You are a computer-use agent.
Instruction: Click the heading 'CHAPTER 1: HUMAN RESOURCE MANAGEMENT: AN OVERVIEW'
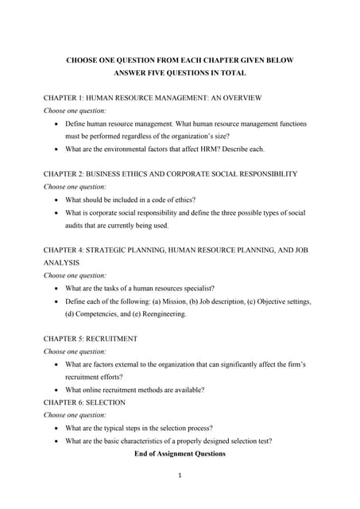click(x=153, y=98)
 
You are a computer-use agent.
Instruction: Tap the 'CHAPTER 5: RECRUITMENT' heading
click(x=90, y=338)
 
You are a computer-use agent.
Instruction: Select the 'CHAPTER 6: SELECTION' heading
click(x=84, y=402)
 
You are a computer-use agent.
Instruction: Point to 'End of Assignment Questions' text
click(x=180, y=453)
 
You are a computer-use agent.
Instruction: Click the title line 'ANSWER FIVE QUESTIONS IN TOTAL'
click(x=180, y=72)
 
